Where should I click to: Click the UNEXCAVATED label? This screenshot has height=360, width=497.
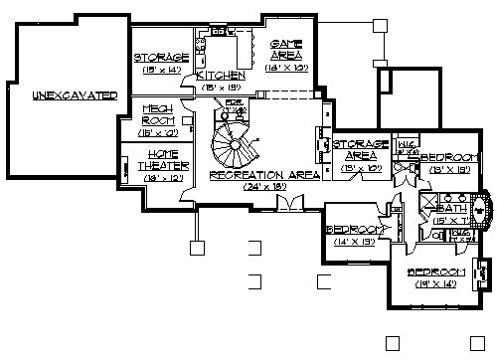click(75, 94)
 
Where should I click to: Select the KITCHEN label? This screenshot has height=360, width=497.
click(216, 76)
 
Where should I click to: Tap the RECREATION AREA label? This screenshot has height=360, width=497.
click(264, 174)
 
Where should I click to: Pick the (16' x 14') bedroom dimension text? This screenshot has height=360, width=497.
click(435, 284)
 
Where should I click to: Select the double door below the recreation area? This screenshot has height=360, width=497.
click(288, 204)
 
